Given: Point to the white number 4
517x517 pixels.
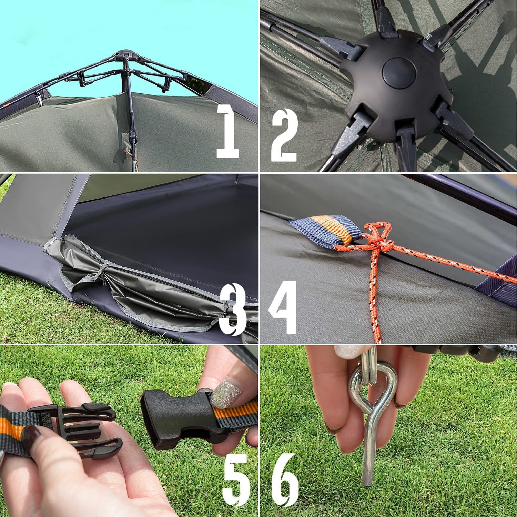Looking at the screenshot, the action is tap(283, 307).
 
